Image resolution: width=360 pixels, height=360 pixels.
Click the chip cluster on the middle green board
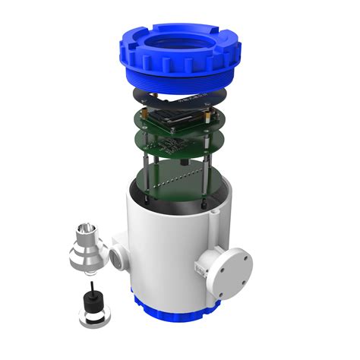coord(171,140)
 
